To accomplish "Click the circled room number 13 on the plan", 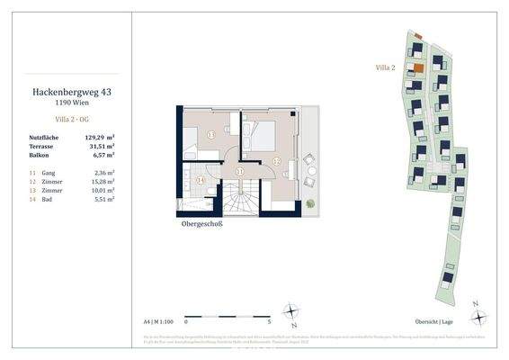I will [210, 135].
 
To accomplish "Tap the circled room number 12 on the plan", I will [277, 160].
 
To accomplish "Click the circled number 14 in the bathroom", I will [201, 180].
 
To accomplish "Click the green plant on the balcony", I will [311, 188].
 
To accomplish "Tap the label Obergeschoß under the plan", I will [202, 224].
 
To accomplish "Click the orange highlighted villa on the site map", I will [417, 68].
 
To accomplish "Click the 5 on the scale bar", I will [270, 320].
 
